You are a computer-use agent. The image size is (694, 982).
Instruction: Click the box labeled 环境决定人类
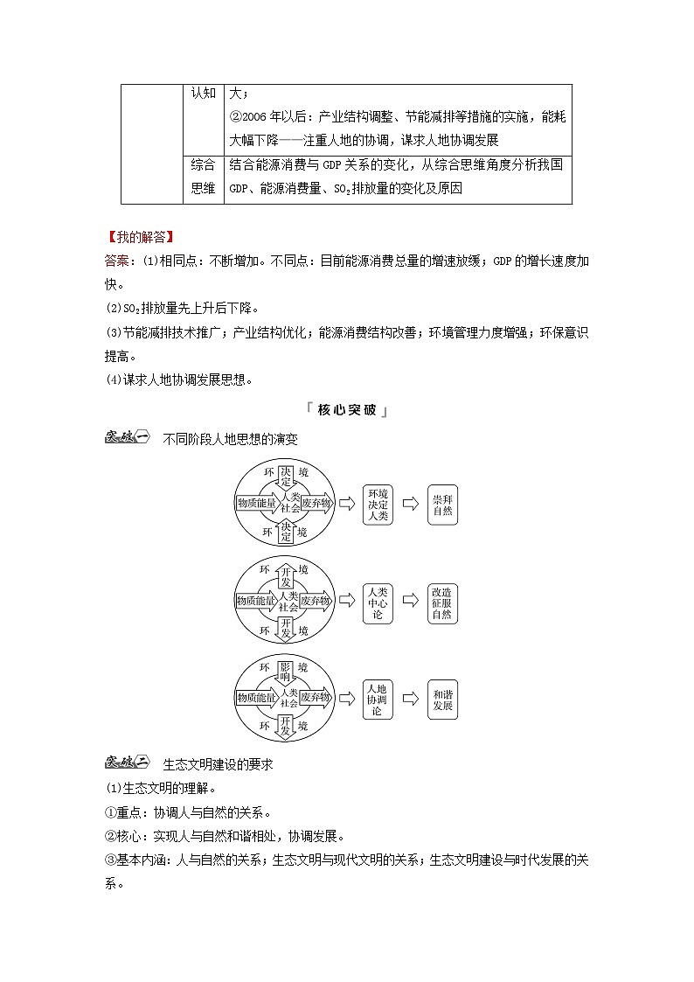[378, 504]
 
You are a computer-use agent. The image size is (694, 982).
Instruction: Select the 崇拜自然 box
[442, 504]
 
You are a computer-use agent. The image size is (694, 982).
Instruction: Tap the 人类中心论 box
[378, 602]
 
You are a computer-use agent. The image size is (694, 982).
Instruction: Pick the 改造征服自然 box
[442, 602]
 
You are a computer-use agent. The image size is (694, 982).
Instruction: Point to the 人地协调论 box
[378, 699]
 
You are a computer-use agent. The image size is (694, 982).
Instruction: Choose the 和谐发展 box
[442, 699]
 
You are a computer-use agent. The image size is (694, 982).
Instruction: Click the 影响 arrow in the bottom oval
[285, 672]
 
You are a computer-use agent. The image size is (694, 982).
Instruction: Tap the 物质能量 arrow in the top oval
[256, 504]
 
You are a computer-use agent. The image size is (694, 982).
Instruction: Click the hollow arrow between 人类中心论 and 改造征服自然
[410, 602]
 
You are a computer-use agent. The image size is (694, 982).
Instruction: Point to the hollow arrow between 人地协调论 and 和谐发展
[410, 699]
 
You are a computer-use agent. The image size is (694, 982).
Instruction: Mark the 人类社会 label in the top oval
[289, 503]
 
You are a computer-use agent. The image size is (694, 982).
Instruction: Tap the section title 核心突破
[347, 409]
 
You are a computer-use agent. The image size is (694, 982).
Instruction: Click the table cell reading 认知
[203, 94]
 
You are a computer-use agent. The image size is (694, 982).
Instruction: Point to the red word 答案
[119, 260]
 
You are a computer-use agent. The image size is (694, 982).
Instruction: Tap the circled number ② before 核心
[110, 835]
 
